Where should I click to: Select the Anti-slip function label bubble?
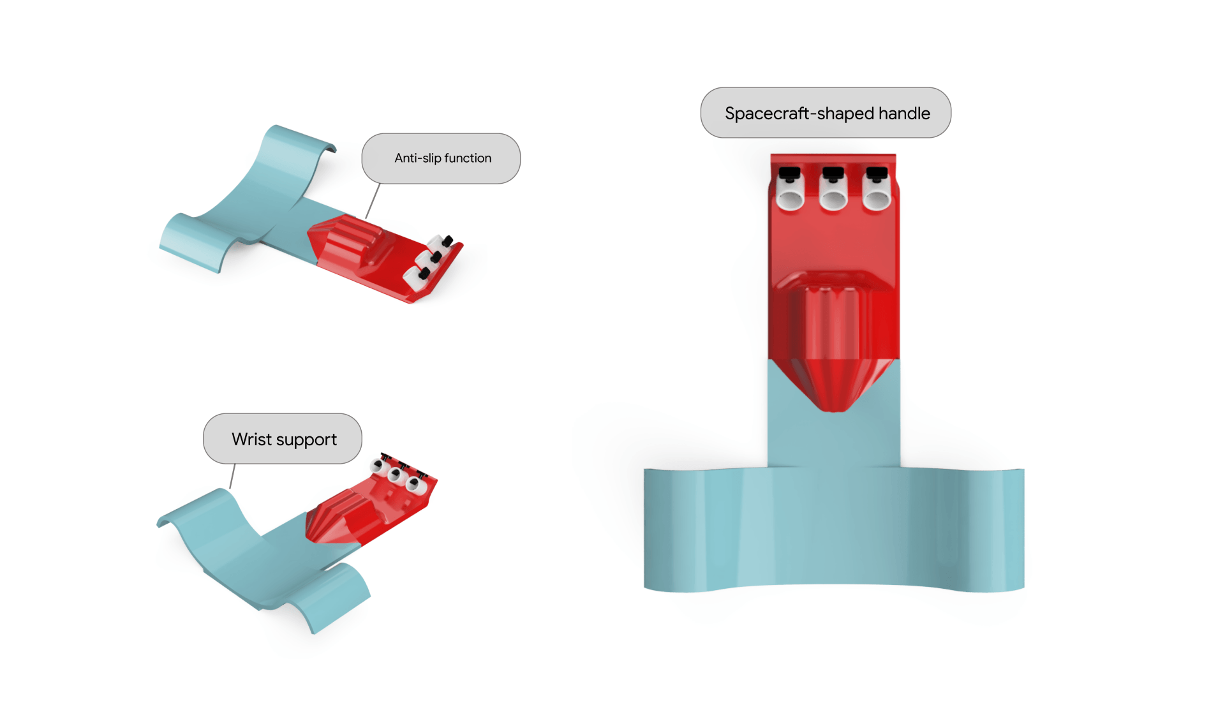pos(441,158)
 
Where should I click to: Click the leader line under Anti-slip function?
pos(373,201)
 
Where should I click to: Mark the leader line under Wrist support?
pos(233,476)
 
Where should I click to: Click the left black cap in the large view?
pos(790,174)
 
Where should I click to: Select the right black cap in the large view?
pos(877,174)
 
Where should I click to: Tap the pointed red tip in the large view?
pos(833,386)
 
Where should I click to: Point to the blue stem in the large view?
pos(834,434)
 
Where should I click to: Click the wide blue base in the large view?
pos(834,529)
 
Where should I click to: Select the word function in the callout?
pos(468,158)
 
